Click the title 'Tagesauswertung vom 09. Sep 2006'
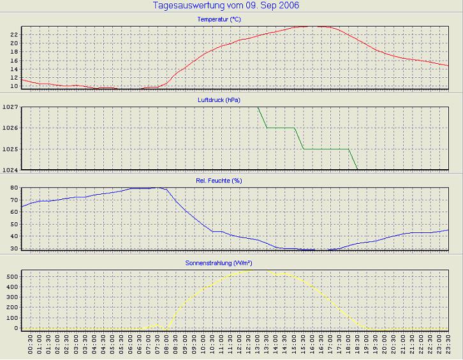226,6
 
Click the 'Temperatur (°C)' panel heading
219,20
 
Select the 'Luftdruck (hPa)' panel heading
219,100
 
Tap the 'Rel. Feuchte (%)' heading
219,181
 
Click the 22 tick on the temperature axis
13,34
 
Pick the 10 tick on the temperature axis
13,86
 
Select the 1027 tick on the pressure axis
10,107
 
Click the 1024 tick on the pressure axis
10,170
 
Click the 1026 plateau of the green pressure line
281,128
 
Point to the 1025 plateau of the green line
325,149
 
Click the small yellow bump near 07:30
157,325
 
